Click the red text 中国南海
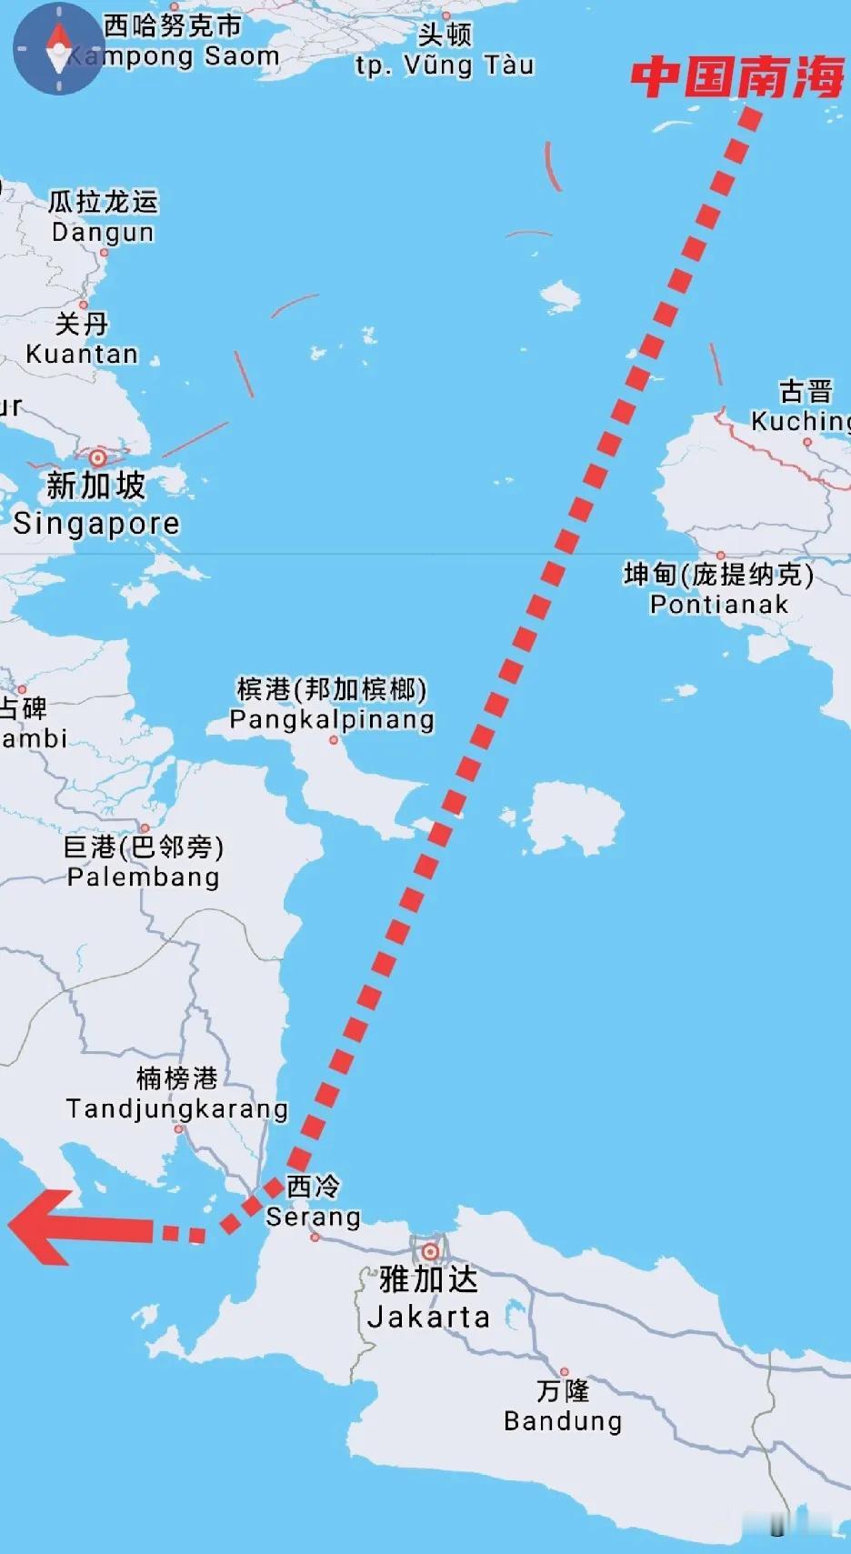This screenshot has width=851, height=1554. (x=737, y=76)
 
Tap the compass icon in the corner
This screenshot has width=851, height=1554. (x=58, y=48)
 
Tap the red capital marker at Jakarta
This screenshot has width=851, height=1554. (x=430, y=1252)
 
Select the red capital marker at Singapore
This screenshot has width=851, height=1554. (x=97, y=457)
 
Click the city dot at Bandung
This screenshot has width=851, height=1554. (x=564, y=1371)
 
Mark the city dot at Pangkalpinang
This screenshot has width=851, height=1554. (x=334, y=740)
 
